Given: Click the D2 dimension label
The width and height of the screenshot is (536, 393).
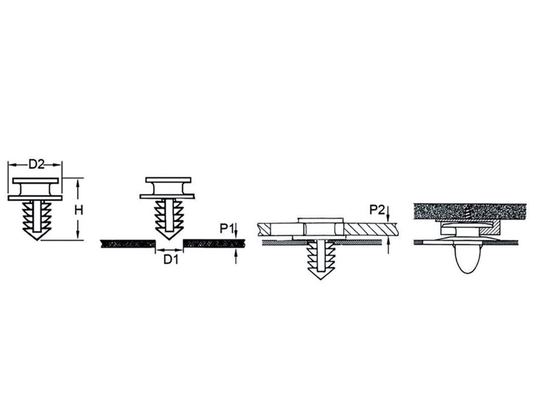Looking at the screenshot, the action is click(x=37, y=164).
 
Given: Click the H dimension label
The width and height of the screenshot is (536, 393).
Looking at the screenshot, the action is click(x=79, y=210).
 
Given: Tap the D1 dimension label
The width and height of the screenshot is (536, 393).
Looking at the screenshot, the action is click(x=171, y=259).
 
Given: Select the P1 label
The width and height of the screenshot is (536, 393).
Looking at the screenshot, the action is click(x=226, y=229).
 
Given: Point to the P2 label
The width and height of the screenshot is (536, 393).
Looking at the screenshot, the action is click(x=377, y=210).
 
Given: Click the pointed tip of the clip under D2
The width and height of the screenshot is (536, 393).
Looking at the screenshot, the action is click(x=37, y=239).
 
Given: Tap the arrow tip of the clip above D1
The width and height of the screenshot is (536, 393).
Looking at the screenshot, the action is click(x=169, y=239).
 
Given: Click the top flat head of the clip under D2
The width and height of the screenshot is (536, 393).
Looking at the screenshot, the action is click(x=36, y=180).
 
